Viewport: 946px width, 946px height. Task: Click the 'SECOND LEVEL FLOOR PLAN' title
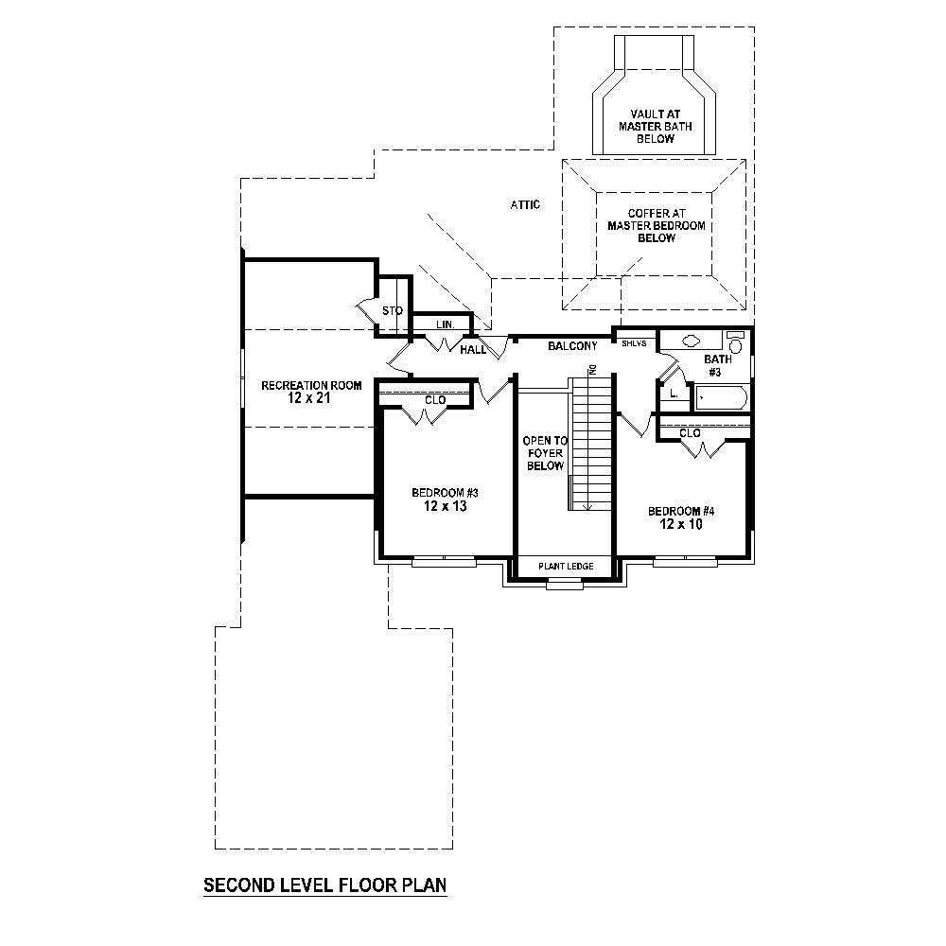324,886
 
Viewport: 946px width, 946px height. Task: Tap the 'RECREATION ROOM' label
299,385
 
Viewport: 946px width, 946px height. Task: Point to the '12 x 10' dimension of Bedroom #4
680,525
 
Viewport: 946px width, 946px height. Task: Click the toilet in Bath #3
736,342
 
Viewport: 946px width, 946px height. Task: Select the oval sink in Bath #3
690,341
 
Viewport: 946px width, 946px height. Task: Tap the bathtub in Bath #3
720,398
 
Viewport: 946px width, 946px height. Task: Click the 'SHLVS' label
634,343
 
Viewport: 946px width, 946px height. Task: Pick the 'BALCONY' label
572,346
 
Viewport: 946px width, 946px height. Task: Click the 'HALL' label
473,350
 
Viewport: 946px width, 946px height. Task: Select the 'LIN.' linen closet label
446,324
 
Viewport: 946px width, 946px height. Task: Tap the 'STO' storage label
392,310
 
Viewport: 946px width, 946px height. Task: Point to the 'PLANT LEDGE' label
566,566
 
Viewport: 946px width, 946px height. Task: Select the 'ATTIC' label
525,204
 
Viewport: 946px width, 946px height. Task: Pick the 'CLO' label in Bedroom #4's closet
690,432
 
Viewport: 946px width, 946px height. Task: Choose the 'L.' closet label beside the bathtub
673,393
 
